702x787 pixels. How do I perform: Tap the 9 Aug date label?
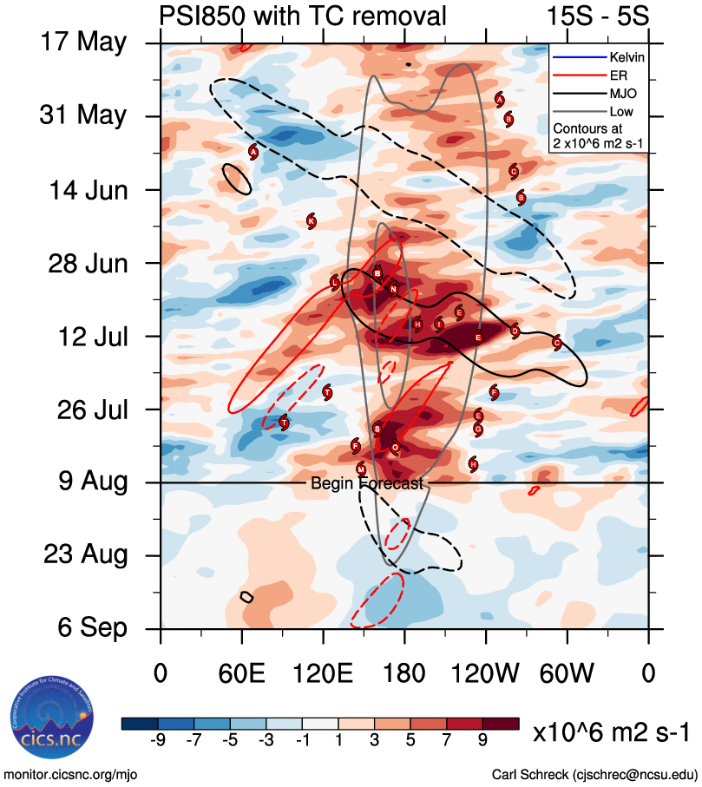tap(84, 481)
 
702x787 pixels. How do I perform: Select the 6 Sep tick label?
tap(84, 627)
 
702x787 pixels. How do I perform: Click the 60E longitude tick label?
tap(241, 672)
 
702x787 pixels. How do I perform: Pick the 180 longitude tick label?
tap(404, 672)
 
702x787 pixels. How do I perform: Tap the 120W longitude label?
tap(486, 672)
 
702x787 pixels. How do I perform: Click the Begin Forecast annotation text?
tap(367, 483)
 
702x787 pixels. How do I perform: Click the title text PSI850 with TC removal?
tap(303, 16)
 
